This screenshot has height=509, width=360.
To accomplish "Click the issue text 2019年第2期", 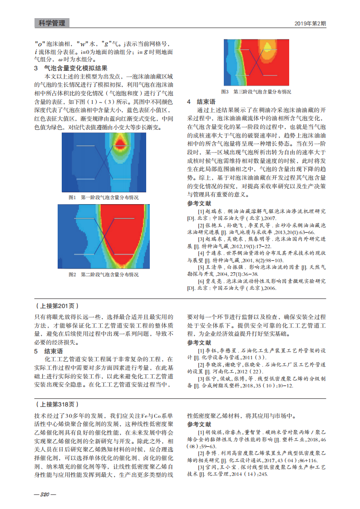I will coord(310,23).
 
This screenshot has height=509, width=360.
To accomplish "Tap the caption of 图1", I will coord(103,198).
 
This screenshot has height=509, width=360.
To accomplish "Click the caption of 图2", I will coord(103,274).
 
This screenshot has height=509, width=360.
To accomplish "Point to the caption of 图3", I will coord(256,92).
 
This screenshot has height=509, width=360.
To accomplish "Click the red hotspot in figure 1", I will coord(121,144).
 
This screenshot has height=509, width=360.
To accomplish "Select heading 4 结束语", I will coord(202,102).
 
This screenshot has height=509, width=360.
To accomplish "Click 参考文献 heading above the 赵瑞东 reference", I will coord(199,203).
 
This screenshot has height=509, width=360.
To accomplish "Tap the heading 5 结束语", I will coord(49,351).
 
